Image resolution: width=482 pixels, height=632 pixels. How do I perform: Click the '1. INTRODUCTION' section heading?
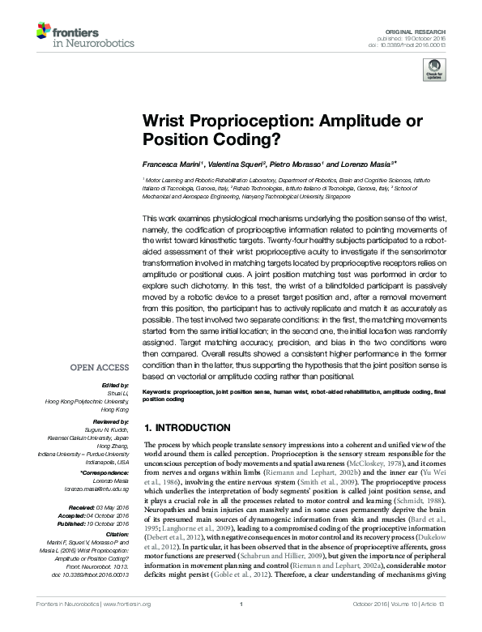tap(186, 427)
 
